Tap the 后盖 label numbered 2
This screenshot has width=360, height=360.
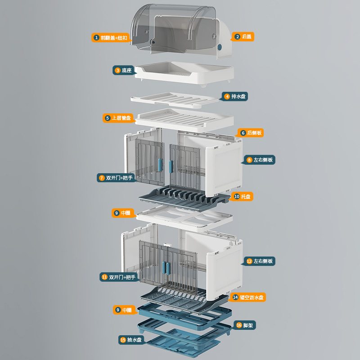point(243,36)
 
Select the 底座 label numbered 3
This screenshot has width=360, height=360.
point(123,70)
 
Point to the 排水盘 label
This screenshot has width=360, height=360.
point(235,96)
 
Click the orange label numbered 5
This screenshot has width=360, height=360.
point(118,118)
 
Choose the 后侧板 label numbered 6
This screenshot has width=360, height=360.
point(251,133)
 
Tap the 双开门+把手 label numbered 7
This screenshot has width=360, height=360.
point(116,178)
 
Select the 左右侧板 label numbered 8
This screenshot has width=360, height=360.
point(260,160)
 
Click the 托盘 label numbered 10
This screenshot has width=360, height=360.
point(243,197)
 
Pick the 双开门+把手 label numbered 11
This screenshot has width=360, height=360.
point(118,277)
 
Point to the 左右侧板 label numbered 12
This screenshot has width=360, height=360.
point(260,261)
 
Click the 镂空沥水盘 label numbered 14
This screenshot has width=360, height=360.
point(248,297)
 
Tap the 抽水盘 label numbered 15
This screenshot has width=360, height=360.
point(131,340)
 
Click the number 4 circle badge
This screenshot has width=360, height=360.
point(227,96)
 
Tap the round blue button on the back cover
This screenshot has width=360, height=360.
point(220,47)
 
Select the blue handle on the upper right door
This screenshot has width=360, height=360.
point(171,166)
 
